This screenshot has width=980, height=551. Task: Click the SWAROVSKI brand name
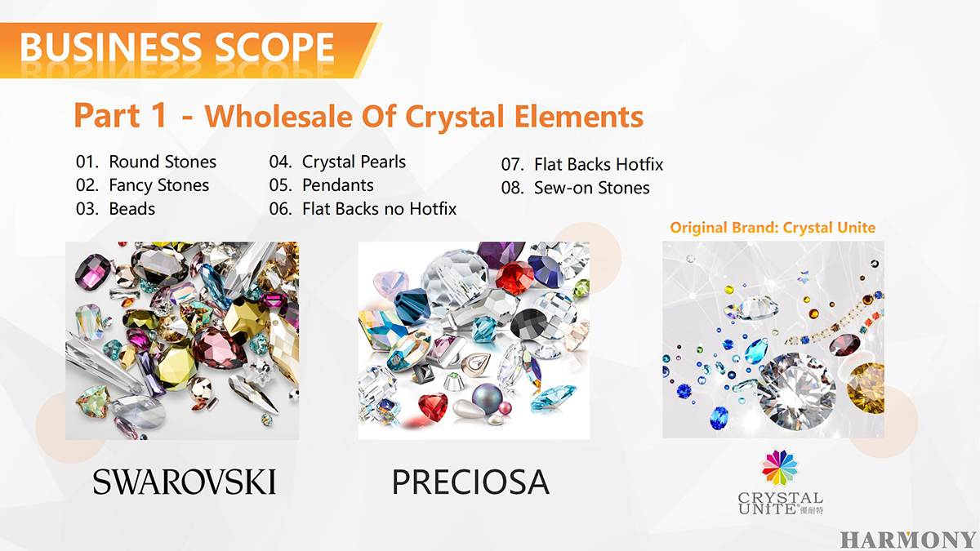185,482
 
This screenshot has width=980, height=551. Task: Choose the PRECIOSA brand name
470,482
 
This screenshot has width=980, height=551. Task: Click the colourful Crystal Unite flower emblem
780,468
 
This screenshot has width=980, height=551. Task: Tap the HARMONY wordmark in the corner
908,540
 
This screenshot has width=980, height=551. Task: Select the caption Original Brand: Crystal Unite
773,228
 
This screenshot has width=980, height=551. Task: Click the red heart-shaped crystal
433,407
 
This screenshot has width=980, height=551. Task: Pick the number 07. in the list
512,164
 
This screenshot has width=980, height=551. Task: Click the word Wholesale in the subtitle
278,116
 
